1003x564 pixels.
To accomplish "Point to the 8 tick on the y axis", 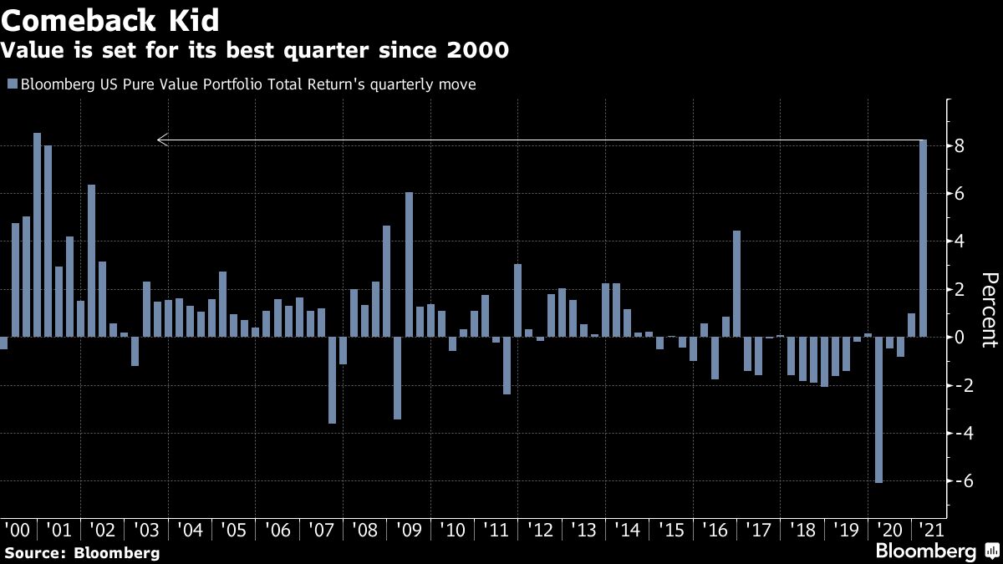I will point(960,146).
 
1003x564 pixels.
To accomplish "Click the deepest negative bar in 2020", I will point(879,409).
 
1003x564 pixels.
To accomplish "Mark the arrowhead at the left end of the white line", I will point(162,140).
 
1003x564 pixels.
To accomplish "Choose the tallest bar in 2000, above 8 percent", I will point(37,235).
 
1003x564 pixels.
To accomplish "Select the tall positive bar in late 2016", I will point(736,284).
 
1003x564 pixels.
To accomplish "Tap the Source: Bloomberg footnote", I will point(82,552).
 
